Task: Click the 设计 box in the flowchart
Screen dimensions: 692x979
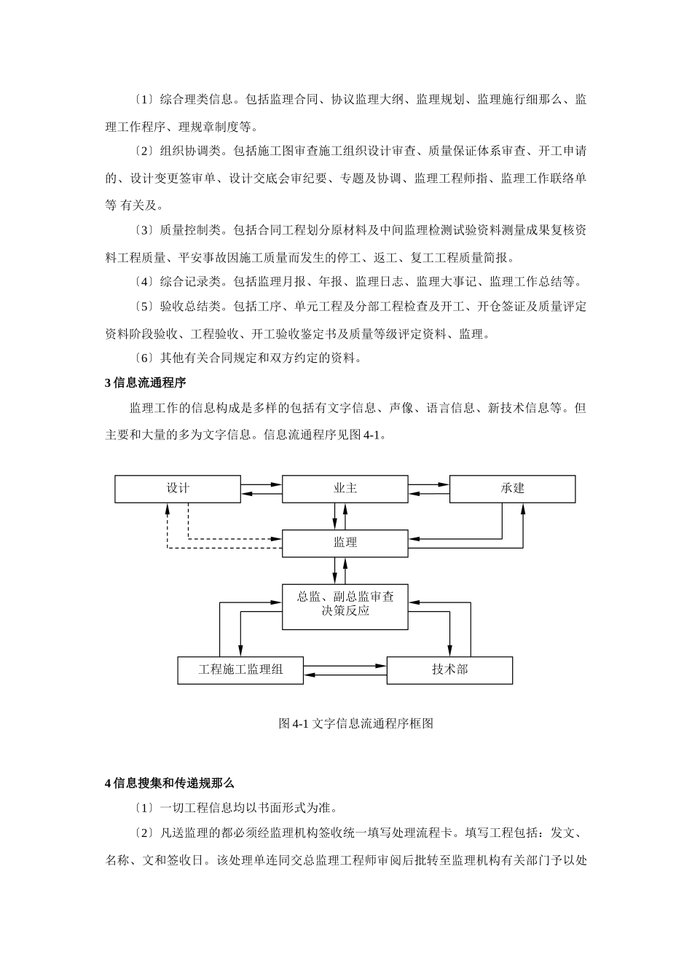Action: [x=178, y=489]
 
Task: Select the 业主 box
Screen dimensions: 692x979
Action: [x=345, y=489]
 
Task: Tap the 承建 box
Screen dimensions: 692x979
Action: [x=512, y=489]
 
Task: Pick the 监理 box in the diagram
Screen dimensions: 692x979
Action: [x=345, y=543]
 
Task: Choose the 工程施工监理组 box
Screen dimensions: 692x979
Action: [x=240, y=669]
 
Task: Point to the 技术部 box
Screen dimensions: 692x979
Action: [x=449, y=669]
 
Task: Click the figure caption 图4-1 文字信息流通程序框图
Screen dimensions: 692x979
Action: [x=356, y=723]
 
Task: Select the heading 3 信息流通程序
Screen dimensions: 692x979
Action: [x=146, y=382]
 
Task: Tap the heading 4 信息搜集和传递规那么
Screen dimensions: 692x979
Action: [x=169, y=783]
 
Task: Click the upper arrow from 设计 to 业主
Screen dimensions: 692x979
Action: [x=261, y=484]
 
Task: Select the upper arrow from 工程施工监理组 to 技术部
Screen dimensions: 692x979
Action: [x=345, y=666]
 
